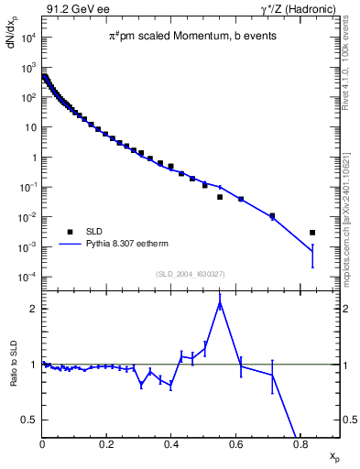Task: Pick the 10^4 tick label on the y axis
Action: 27,38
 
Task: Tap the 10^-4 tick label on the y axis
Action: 27,278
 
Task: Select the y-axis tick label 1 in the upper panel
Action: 33,158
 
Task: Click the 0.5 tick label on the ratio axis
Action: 30,420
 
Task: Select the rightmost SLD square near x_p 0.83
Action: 312,233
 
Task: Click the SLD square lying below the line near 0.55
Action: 220,197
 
